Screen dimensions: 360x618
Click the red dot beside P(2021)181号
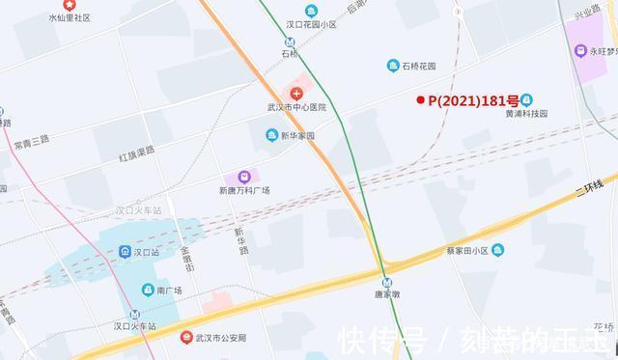[420, 99]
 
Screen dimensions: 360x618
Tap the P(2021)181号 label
[472, 99]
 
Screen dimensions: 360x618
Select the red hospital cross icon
[297, 93]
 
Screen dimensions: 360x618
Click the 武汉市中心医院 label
[296, 107]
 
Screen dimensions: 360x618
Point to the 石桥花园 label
[418, 66]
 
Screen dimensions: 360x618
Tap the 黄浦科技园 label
[526, 113]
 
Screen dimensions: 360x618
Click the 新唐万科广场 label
[244, 190]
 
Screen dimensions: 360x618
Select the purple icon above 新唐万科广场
[244, 178]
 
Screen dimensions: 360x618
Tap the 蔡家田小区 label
[459, 250]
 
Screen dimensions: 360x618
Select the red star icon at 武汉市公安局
[187, 337]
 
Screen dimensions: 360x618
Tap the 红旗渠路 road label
[137, 153]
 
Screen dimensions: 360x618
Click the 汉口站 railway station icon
[126, 252]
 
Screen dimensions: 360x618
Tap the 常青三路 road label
[31, 142]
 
